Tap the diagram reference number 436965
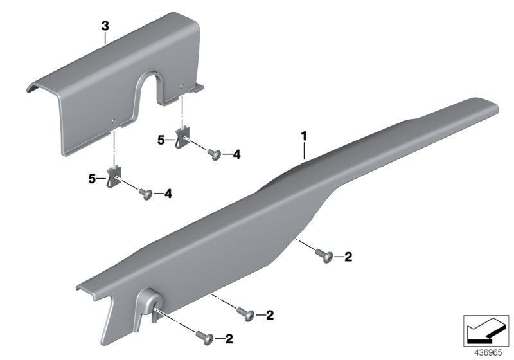tap(487, 352)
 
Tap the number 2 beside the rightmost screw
tap(348, 257)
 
